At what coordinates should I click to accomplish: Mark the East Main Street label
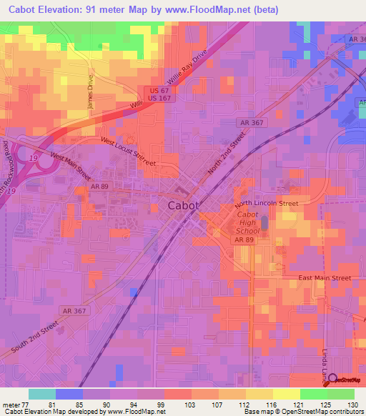[325, 277]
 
